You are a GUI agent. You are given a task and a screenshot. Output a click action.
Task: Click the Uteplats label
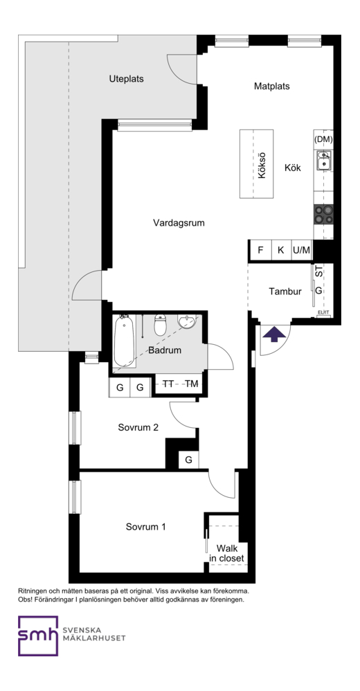[x=127, y=80]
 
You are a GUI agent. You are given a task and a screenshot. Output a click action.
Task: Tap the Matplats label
[x=272, y=87]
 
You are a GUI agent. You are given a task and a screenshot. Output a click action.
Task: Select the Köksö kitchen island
[x=256, y=163]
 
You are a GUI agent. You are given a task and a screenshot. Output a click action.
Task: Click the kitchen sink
[x=324, y=160]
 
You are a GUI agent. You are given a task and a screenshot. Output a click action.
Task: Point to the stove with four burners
[x=323, y=214]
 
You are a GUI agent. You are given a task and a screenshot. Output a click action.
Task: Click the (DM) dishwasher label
[x=323, y=139]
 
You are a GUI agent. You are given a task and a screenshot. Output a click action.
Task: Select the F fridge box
[x=260, y=251]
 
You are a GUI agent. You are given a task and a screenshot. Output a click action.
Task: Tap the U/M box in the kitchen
[x=301, y=251]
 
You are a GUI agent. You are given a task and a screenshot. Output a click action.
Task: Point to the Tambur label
[x=285, y=291]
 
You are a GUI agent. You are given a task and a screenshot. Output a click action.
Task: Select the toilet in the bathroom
[x=160, y=325]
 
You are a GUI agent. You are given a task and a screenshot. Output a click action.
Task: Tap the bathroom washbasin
[x=187, y=322]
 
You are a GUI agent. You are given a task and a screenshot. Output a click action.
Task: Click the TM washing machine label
[x=191, y=384]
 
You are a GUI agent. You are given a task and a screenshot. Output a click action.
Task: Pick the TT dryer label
[x=168, y=384]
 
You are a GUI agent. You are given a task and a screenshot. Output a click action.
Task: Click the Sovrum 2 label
[x=138, y=427]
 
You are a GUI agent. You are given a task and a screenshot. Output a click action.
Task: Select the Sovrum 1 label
[x=146, y=527]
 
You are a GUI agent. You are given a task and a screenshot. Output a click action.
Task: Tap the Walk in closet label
[x=226, y=553]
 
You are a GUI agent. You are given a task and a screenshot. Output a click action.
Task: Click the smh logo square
[x=38, y=636]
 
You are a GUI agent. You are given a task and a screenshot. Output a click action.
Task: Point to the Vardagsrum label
[x=179, y=223]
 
